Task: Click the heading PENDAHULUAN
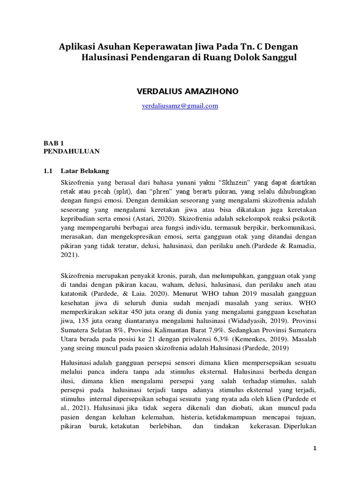[71, 151]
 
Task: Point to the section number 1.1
[49, 171]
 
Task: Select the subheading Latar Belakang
[89, 171]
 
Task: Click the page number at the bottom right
[315, 449]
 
